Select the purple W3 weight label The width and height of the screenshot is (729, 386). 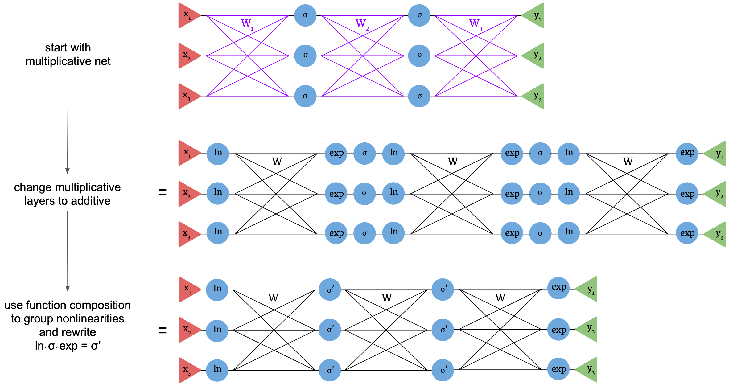coord(475,23)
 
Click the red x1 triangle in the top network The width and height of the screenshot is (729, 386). coord(187,15)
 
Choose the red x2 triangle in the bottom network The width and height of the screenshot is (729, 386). coord(188,330)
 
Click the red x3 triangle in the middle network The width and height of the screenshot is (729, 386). coord(187,234)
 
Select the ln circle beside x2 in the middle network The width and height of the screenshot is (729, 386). coord(218,193)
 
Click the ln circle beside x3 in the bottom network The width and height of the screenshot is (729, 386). coord(217,370)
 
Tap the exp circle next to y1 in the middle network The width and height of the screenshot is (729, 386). coord(687,154)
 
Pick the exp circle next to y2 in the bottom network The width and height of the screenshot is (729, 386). coord(558,329)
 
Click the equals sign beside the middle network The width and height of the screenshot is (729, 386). coord(162,193)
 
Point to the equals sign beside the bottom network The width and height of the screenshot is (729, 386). coord(162,331)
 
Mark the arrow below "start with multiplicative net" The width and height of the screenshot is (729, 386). coord(68,122)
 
